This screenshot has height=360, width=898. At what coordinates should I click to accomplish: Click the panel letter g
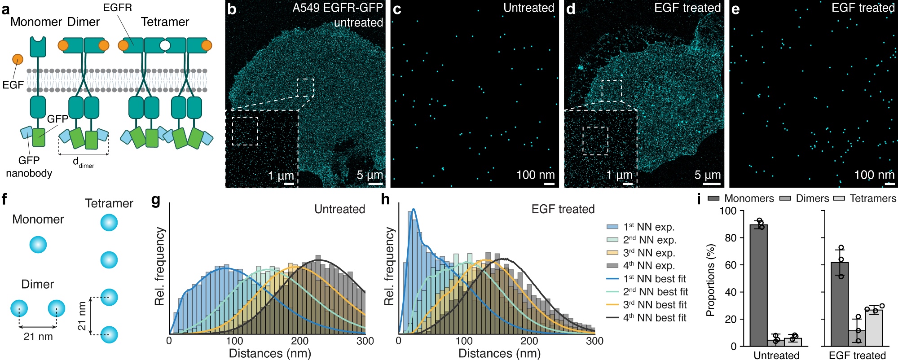(156, 200)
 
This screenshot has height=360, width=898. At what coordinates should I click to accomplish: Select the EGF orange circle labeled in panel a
(18, 59)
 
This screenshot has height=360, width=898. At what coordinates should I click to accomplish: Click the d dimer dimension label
(83, 162)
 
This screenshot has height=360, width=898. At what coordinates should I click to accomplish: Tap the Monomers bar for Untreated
(759, 285)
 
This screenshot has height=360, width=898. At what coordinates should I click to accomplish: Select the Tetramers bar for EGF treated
(874, 328)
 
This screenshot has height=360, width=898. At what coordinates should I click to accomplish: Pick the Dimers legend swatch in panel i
(785, 198)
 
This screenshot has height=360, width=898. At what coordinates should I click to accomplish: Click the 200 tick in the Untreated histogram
(299, 341)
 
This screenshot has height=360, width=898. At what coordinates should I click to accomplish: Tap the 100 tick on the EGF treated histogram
(464, 341)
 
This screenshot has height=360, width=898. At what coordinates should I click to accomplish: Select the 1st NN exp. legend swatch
(612, 227)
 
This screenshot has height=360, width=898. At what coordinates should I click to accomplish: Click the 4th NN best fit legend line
(612, 318)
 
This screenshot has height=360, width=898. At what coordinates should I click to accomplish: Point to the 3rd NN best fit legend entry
(647, 305)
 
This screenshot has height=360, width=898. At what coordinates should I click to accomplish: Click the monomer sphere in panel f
(38, 245)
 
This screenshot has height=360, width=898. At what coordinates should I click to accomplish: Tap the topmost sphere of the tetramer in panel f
(109, 223)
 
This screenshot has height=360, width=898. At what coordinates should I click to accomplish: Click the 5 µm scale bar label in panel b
(370, 175)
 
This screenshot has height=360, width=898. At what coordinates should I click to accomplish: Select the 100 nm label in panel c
(535, 175)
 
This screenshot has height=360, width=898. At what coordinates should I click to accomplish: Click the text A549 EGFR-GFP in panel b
(338, 8)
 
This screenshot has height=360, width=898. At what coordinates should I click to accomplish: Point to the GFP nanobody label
(29, 167)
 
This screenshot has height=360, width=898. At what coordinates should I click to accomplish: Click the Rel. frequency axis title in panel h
(389, 266)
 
